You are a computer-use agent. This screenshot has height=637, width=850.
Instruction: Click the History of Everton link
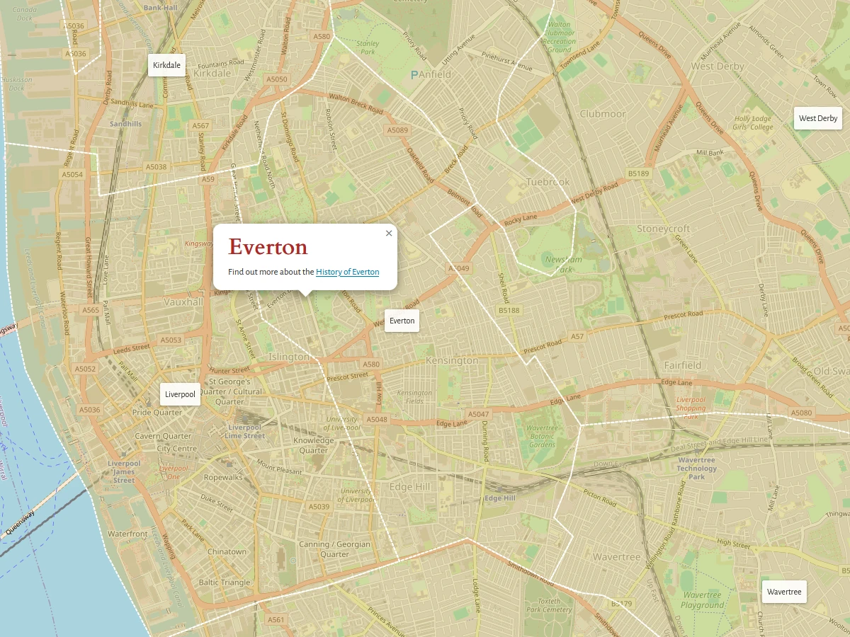[x=347, y=272]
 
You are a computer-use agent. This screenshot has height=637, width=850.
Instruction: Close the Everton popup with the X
[x=388, y=233]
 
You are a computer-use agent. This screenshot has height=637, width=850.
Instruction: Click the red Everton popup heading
[x=268, y=247]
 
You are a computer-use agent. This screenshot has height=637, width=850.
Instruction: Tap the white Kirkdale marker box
[x=166, y=65]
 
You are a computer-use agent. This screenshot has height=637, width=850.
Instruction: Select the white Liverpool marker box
[x=180, y=394]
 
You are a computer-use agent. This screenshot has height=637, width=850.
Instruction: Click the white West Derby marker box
[x=817, y=118]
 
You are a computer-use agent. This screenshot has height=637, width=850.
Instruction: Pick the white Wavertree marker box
[x=783, y=592]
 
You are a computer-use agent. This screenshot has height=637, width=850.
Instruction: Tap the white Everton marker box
[x=402, y=321]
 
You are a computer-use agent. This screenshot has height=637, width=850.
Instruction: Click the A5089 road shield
[x=397, y=130]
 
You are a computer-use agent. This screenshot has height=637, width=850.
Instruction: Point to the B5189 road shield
[x=638, y=173]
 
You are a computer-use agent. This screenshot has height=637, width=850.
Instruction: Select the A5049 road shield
[x=459, y=268]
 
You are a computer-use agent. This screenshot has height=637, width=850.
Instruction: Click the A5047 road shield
[x=478, y=414]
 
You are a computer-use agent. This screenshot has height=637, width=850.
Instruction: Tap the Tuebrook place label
[x=548, y=182]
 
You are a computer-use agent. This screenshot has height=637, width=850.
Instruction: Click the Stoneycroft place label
[x=663, y=229]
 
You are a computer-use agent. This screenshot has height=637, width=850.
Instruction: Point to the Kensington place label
[x=452, y=360]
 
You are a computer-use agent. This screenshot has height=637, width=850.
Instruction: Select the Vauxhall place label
[x=183, y=302]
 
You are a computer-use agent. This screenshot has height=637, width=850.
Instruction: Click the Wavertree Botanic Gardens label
[x=542, y=436]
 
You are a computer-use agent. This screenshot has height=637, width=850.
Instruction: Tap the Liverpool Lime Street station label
[x=245, y=432]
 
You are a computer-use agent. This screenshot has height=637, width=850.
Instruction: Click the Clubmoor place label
[x=603, y=113]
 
